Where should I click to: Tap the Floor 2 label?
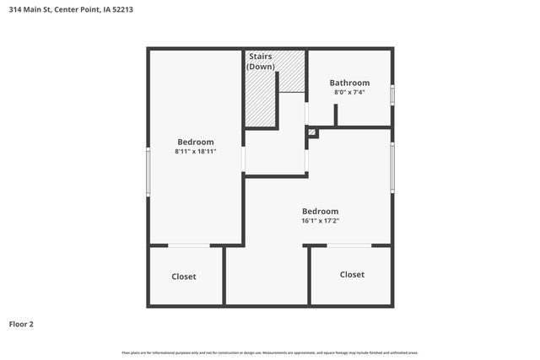pyautogui.click(x=22, y=324)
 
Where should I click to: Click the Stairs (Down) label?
pyautogui.click(x=260, y=61)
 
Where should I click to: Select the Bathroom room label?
pyautogui.click(x=349, y=83)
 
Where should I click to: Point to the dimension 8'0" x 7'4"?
pyautogui.click(x=349, y=92)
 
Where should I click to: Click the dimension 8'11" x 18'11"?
pyautogui.click(x=195, y=152)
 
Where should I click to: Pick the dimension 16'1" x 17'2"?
pyautogui.click(x=321, y=221)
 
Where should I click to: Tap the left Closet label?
pyautogui.click(x=183, y=277)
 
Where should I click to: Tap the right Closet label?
pyautogui.click(x=352, y=275)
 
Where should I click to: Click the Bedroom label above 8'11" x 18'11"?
pyautogui.click(x=195, y=142)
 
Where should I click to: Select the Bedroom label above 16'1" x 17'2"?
pyautogui.click(x=321, y=211)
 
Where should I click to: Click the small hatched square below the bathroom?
pyautogui.click(x=312, y=132)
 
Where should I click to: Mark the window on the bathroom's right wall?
pyautogui.click(x=392, y=92)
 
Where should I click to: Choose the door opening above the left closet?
pyautogui.click(x=189, y=245)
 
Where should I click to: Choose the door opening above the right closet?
pyautogui.click(x=348, y=245)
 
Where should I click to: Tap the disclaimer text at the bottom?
pyautogui.click(x=270, y=352)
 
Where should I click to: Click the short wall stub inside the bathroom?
pyautogui.click(x=336, y=116)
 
